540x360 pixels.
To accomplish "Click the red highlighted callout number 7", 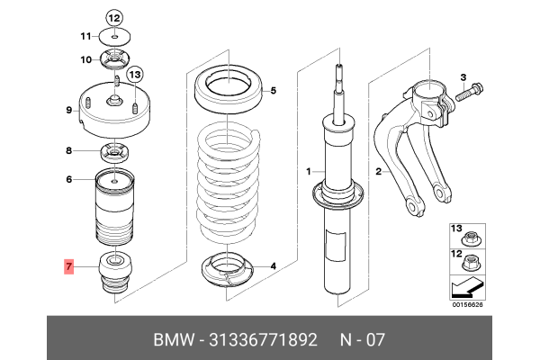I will pyautogui.click(x=68, y=267).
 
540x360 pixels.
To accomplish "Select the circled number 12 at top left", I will pyautogui.click(x=113, y=17).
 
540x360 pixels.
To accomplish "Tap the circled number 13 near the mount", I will pyautogui.click(x=134, y=74).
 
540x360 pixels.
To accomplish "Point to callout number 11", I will pyautogui.click(x=85, y=36).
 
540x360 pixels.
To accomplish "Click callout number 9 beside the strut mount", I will pyautogui.click(x=68, y=111).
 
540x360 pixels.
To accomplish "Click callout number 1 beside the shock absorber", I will pyautogui.click(x=308, y=171).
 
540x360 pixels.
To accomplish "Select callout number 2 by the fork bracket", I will pyautogui.click(x=380, y=171).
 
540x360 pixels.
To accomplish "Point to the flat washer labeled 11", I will pyautogui.click(x=113, y=36).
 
